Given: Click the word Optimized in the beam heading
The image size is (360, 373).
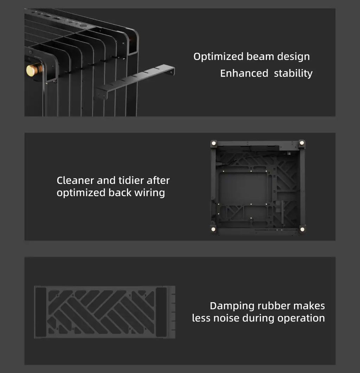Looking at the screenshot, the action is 218,57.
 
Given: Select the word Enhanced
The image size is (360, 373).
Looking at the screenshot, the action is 244,73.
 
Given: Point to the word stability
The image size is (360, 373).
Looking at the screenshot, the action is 293,74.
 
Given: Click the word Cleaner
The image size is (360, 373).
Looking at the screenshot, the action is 75,180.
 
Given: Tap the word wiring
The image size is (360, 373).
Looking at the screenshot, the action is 150,193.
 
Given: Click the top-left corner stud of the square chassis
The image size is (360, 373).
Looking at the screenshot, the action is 214,143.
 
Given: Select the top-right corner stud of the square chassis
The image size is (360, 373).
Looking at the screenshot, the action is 302,143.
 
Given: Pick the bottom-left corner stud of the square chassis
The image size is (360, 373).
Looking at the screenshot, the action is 213,229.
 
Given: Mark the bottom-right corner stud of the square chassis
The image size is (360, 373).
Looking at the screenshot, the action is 302,229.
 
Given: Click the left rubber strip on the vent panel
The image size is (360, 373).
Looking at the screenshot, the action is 41,312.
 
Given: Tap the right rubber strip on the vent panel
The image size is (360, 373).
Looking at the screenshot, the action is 161,312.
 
